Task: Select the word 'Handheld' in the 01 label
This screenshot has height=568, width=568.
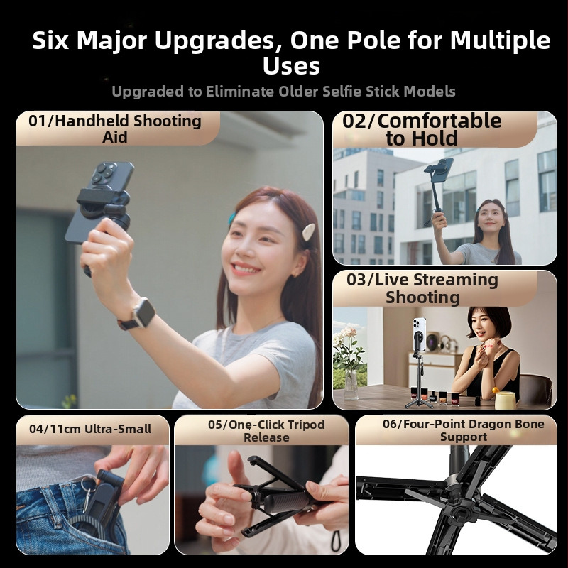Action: pos(88,121)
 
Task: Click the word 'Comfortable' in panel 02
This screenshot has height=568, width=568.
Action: pos(439,121)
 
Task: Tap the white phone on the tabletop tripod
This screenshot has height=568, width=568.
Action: pos(420,334)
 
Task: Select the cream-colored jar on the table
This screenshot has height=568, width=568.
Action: pos(505,400)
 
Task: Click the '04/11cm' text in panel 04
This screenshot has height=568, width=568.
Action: pos(55,430)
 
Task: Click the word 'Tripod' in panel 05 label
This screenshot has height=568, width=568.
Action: pos(307,425)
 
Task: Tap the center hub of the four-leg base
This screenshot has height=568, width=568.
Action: pos(457,505)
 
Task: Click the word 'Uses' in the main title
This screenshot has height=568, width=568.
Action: pos(291,66)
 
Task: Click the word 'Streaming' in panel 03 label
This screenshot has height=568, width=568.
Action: pos(455,280)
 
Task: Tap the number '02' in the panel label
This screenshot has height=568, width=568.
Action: pos(354,121)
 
